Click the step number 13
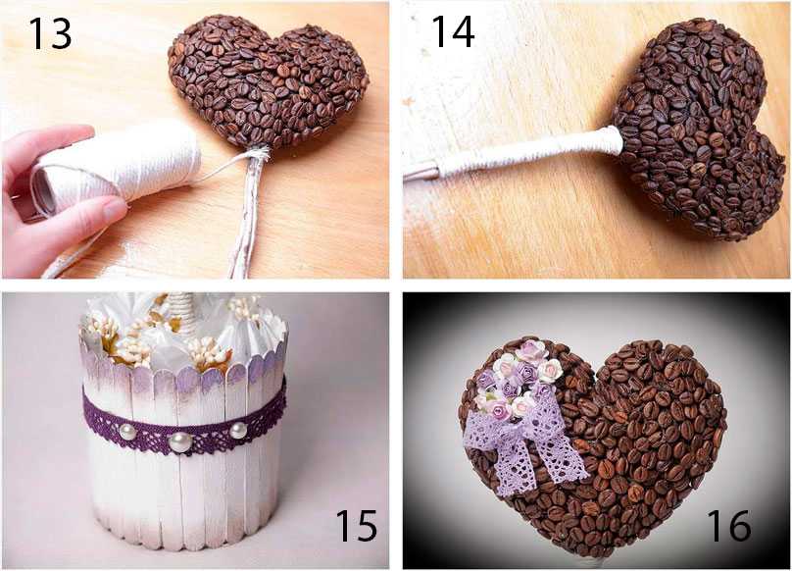[x=50, y=33]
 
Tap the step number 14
[x=453, y=31]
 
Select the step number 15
[x=356, y=525]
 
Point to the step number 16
[x=729, y=525]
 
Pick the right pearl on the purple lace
[x=238, y=431]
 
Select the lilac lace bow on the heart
[x=525, y=445]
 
